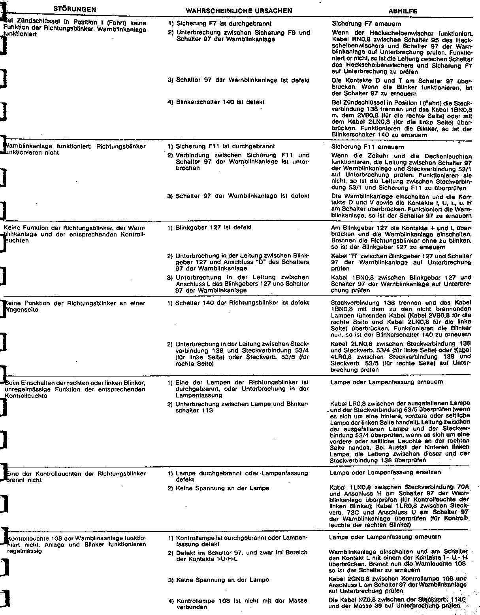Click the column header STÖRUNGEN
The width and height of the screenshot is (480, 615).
pos(75,9)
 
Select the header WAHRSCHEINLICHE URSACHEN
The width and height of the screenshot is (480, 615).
pos(239,11)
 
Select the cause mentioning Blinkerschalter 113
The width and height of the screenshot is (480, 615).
pos(241,407)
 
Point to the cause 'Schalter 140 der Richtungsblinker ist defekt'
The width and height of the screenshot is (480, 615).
pos(242,303)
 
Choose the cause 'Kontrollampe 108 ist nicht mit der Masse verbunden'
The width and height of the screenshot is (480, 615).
pos(241,604)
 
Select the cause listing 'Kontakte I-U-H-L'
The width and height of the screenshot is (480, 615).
pos(241,556)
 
